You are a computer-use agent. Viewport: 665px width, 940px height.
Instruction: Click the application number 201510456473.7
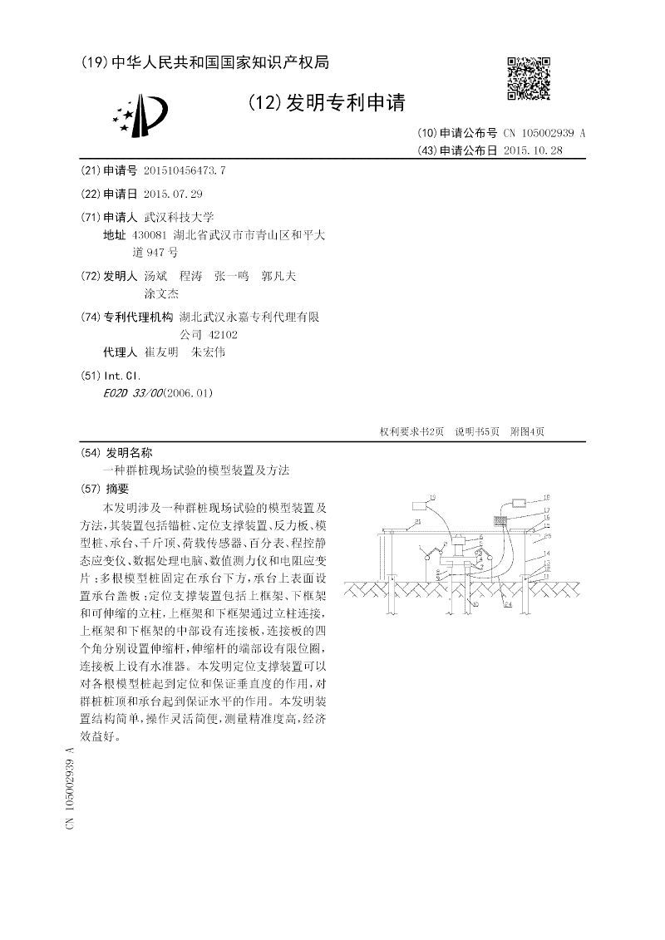click(x=185, y=170)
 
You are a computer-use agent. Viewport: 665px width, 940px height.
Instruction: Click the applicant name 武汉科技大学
click(x=179, y=217)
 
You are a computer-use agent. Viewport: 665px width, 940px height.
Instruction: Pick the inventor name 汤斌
click(x=155, y=275)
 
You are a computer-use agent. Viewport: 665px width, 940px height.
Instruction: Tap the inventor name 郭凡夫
click(x=278, y=275)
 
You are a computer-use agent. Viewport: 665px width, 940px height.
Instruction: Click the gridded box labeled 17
click(x=501, y=520)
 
